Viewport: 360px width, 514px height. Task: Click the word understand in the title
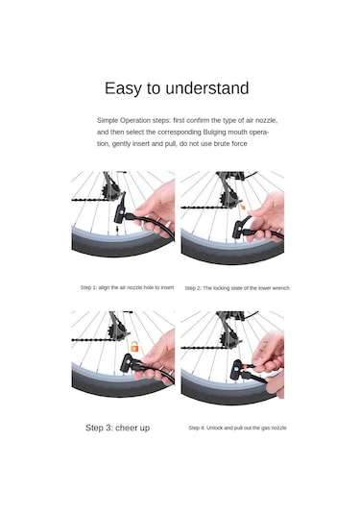(207, 88)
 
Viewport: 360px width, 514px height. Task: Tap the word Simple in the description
(108, 121)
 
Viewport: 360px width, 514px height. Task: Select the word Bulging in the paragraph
(214, 133)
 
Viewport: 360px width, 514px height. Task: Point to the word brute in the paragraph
(222, 143)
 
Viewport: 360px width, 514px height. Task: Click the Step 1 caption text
(127, 287)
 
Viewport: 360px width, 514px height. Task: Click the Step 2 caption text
(237, 288)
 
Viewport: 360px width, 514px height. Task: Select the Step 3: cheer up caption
(117, 428)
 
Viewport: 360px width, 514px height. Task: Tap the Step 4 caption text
(237, 428)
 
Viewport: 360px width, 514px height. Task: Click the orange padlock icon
(134, 346)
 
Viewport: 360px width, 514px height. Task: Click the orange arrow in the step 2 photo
(243, 207)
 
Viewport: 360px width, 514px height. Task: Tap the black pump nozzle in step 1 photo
(120, 213)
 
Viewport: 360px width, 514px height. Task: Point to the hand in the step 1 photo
(155, 209)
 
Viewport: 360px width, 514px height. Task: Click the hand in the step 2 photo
(266, 217)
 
